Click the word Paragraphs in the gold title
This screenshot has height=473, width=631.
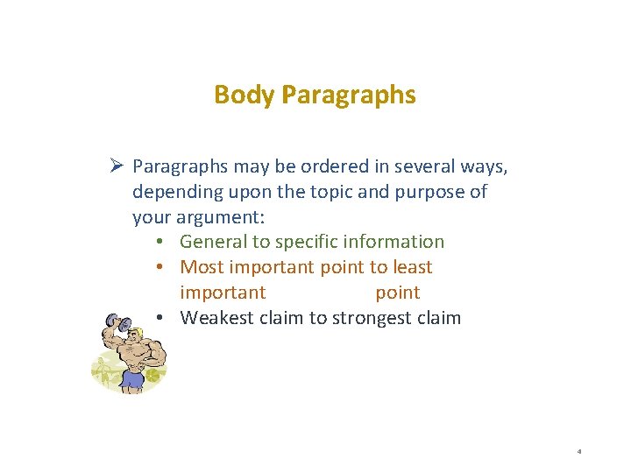pos(349,95)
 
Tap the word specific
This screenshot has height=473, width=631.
pos(307,242)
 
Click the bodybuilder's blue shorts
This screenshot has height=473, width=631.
pos(132,379)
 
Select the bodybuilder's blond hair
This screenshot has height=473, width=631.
pos(136,330)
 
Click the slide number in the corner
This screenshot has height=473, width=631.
pos(579,452)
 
